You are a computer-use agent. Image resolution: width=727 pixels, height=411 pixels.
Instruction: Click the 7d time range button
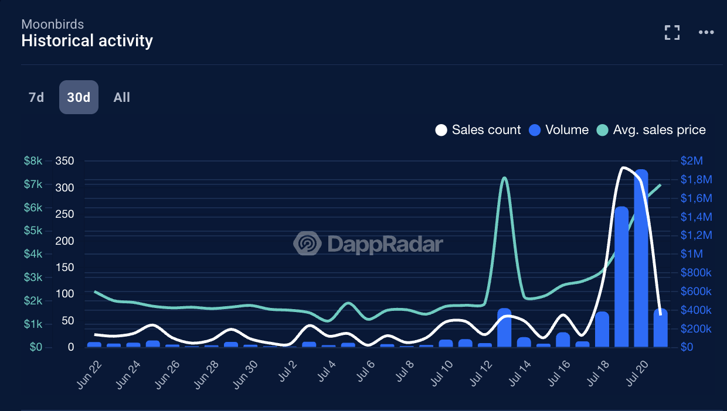pos(36,97)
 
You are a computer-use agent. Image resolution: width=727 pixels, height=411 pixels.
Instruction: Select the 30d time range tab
pos(79,97)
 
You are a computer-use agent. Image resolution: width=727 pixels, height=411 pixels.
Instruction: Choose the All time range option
pos(121,97)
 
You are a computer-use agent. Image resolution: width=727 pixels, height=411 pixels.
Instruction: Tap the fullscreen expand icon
pos(672,33)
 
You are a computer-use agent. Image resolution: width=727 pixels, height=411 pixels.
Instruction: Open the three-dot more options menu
pos(706,33)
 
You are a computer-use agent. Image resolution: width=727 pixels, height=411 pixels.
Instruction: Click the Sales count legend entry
pos(478,130)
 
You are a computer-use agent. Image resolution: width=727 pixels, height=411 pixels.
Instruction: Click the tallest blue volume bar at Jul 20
pos(641,258)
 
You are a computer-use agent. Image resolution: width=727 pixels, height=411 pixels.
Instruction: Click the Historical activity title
pos(87,41)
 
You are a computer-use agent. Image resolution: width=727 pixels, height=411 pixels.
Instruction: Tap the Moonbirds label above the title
pos(52,24)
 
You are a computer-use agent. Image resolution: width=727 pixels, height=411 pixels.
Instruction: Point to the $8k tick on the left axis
pos(33,161)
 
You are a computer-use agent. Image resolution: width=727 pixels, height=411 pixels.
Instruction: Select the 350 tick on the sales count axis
pos(64,161)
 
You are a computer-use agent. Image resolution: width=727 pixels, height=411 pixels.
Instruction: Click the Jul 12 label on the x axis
pos(481,372)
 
